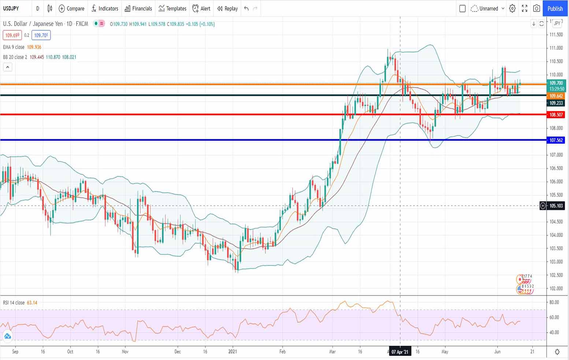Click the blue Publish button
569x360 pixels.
555,8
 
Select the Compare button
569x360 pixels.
71,8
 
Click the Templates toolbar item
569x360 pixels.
172,8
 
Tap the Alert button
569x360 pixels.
201,8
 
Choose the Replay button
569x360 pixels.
227,8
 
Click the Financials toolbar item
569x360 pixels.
138,8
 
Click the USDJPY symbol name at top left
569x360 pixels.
11,8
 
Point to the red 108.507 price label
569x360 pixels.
556,115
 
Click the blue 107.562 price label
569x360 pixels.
556,140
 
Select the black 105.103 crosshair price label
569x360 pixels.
556,206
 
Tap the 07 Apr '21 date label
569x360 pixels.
399,352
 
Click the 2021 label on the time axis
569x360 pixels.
233,352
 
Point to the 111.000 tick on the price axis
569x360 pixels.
556,48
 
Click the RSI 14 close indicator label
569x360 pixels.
14,303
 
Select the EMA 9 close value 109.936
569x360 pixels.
34,47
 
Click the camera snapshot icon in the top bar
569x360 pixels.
536,8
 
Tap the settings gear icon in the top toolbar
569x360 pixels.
512,8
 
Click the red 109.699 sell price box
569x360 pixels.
12,35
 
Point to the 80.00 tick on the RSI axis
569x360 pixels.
554,302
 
